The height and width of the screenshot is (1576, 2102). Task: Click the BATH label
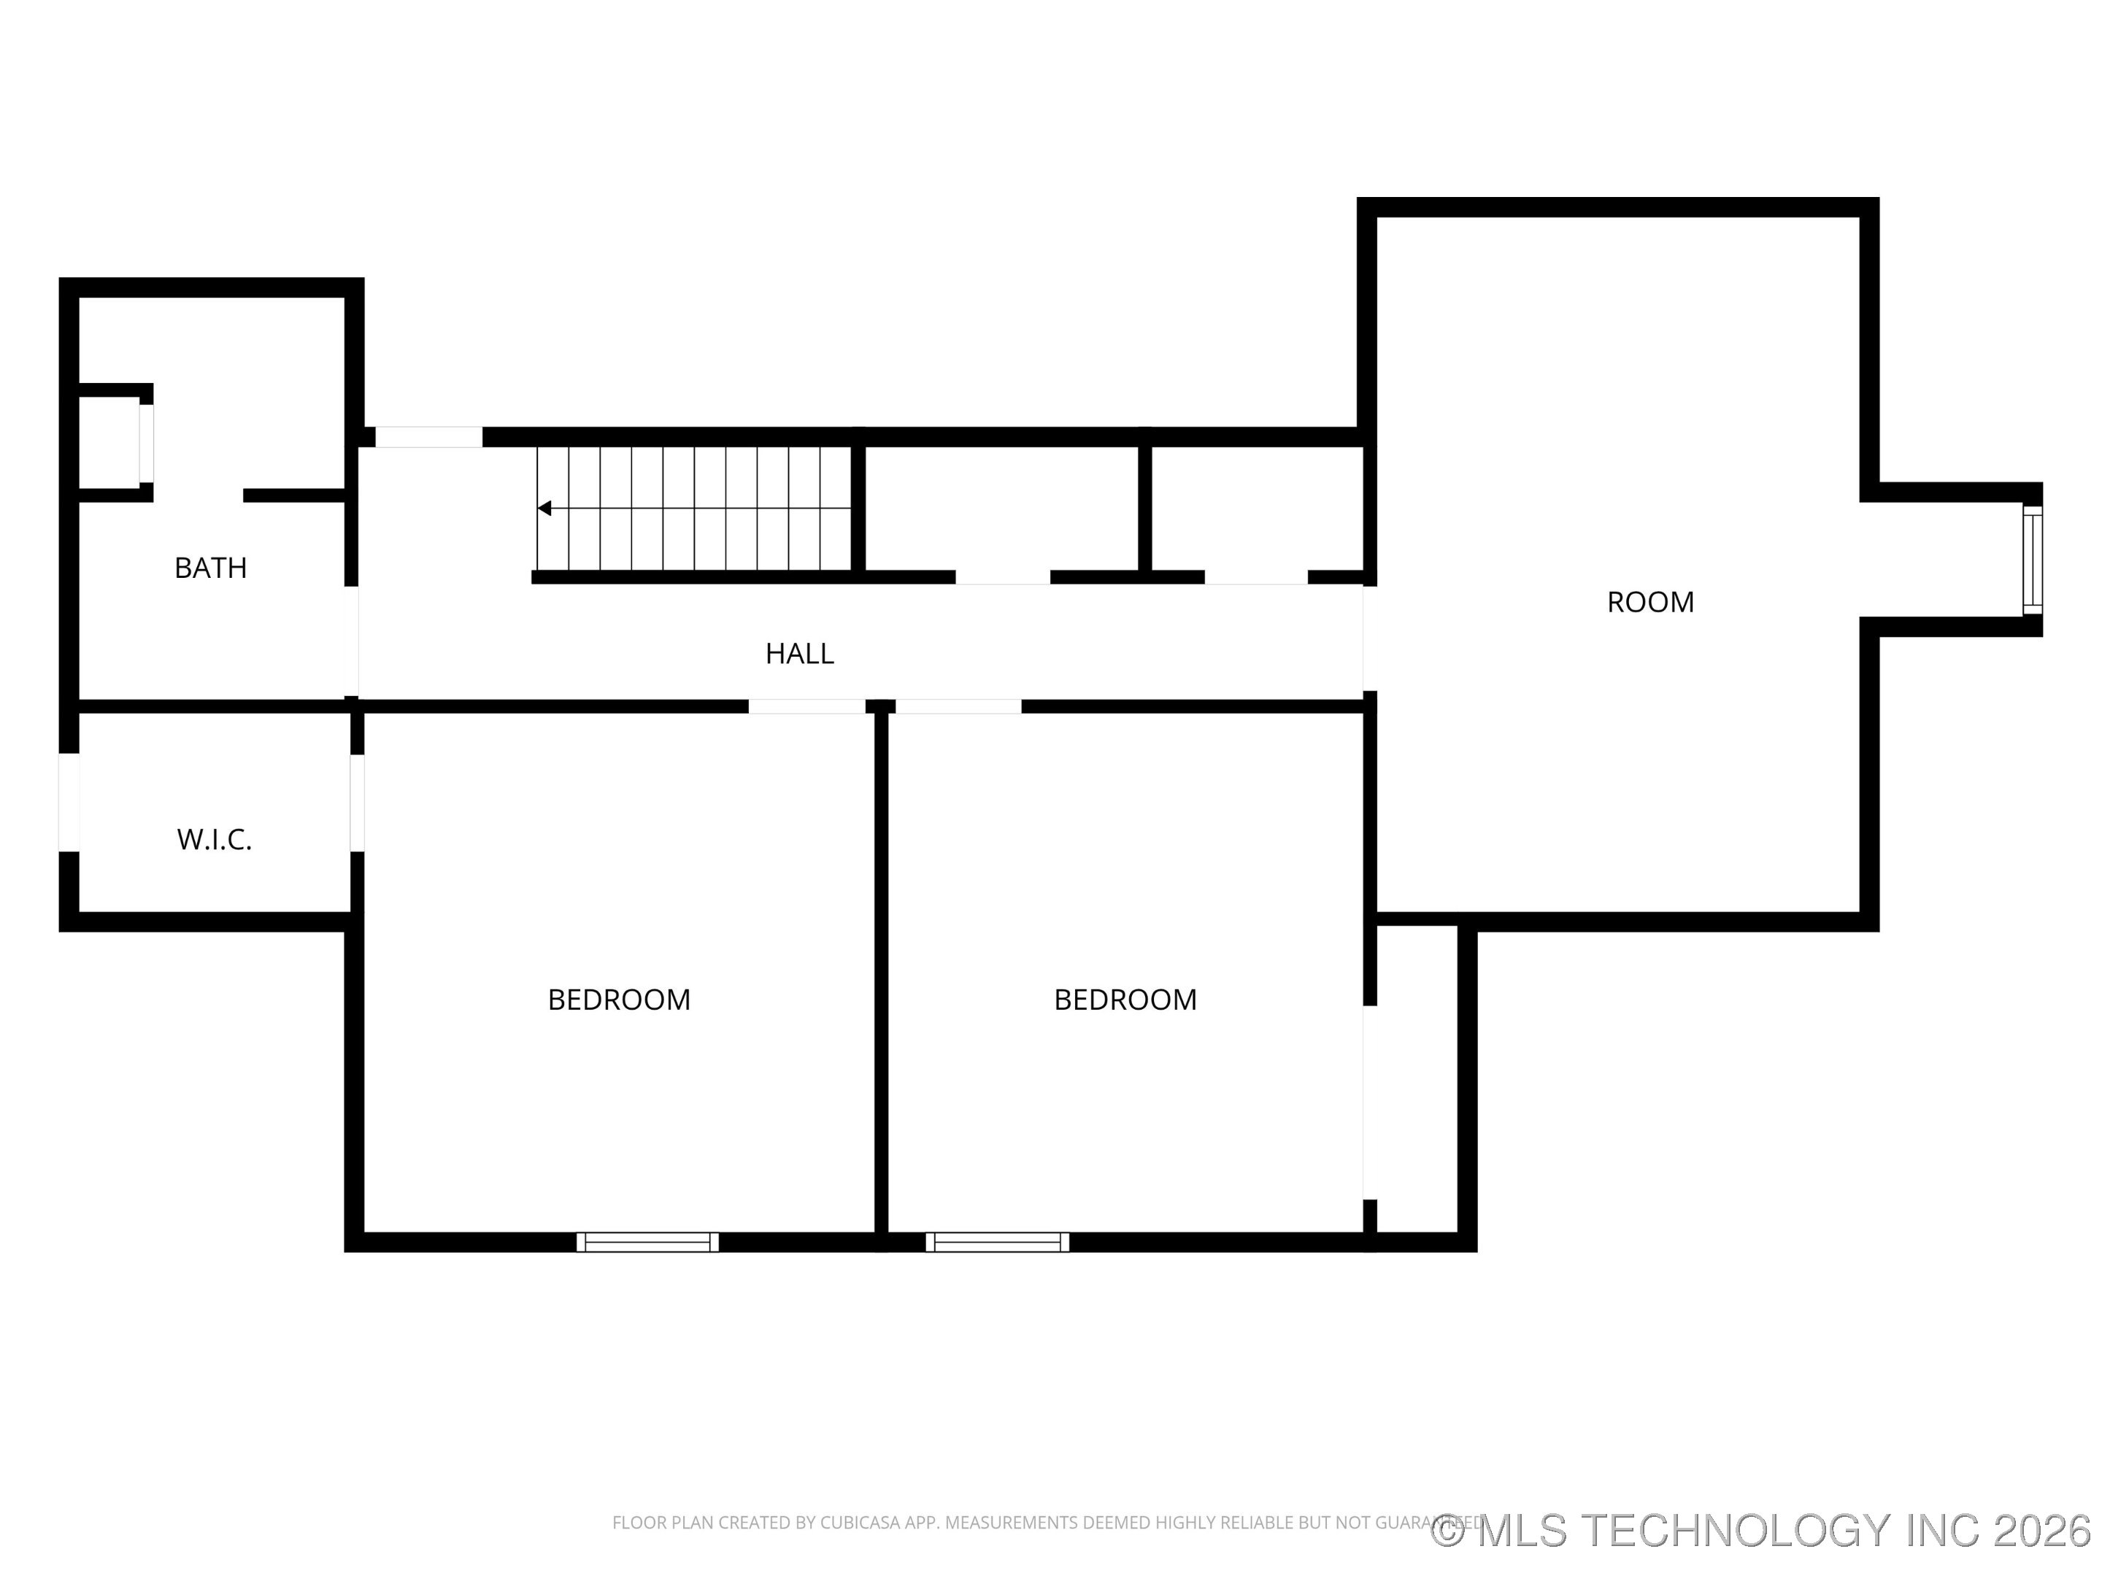click(210, 568)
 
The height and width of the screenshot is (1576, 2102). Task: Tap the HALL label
click(799, 654)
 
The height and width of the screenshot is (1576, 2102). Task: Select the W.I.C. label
click(214, 840)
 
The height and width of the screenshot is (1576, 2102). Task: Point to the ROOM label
click(1649, 602)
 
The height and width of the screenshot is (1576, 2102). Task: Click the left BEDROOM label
click(619, 1000)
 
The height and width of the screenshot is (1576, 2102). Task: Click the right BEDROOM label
click(1125, 1000)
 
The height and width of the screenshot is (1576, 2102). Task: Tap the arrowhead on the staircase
click(544, 509)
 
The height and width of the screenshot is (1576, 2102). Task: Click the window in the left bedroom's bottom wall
click(647, 1242)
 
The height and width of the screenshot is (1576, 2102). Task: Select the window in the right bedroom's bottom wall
click(997, 1242)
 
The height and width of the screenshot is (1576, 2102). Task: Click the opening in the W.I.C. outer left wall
click(69, 802)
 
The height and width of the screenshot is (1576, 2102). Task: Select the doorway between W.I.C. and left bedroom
click(358, 802)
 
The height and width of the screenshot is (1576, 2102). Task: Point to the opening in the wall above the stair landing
click(428, 437)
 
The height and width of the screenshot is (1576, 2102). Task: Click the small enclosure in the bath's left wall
click(109, 444)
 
